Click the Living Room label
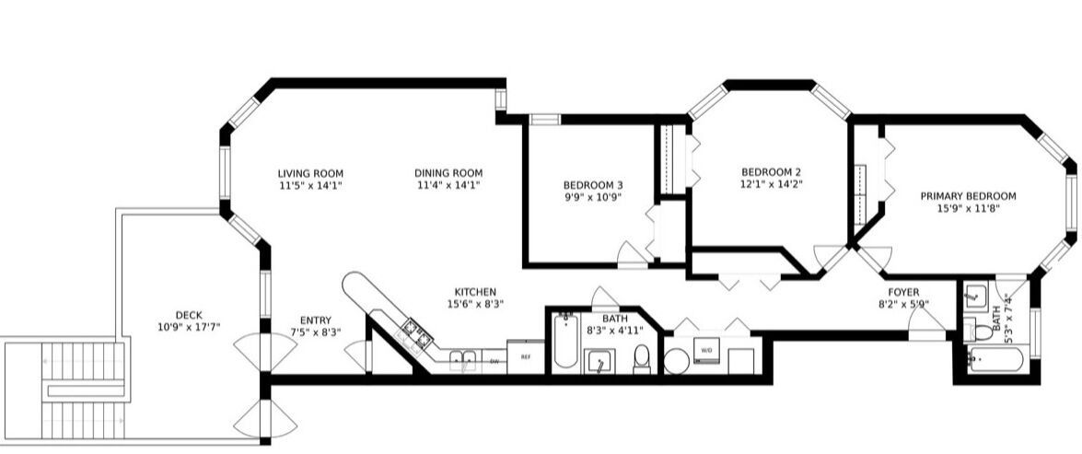click(x=310, y=173)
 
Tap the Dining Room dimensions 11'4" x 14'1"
click(x=448, y=185)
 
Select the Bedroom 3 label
click(x=593, y=185)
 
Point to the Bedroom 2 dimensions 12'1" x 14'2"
click(x=772, y=183)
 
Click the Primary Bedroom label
click(x=968, y=196)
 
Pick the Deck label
click(x=189, y=315)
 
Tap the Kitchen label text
click(x=475, y=292)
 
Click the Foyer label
click(x=903, y=293)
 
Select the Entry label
click(x=315, y=320)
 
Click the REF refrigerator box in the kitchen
click(x=526, y=356)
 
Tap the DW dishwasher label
click(x=494, y=361)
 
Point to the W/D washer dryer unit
click(x=708, y=351)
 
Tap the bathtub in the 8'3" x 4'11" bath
click(x=565, y=341)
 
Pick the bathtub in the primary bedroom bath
click(x=995, y=359)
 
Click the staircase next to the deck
click(x=83, y=390)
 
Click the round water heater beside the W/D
click(x=676, y=361)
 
